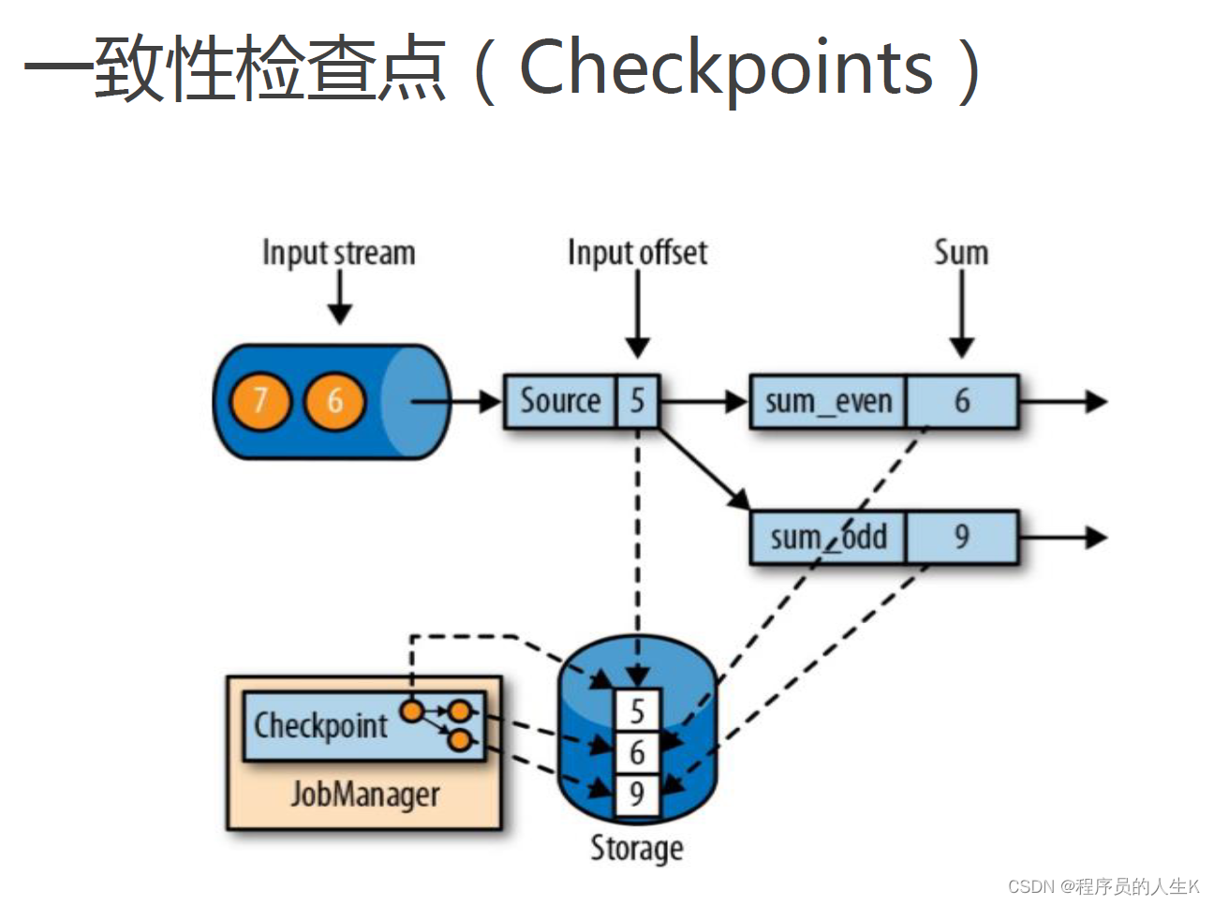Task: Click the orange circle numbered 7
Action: pyautogui.click(x=260, y=401)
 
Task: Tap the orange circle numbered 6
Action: pyautogui.click(x=334, y=401)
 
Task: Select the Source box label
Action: pyautogui.click(x=560, y=401)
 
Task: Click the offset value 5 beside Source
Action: pyautogui.click(x=637, y=401)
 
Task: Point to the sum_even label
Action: pyautogui.click(x=828, y=402)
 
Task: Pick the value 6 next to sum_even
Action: pyautogui.click(x=962, y=401)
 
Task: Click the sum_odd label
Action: pyautogui.click(x=828, y=538)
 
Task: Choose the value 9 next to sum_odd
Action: pyautogui.click(x=962, y=537)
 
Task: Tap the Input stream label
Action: pyautogui.click(x=338, y=253)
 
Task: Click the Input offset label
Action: pyautogui.click(x=637, y=253)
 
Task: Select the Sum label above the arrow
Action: pyautogui.click(x=961, y=252)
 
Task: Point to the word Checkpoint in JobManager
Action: pyautogui.click(x=320, y=726)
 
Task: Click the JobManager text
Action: pyautogui.click(x=364, y=794)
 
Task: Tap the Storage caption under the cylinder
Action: pyautogui.click(x=636, y=848)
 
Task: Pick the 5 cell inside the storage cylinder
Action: pyautogui.click(x=637, y=711)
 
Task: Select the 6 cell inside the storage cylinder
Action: pyautogui.click(x=637, y=752)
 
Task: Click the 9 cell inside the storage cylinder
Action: pyautogui.click(x=637, y=794)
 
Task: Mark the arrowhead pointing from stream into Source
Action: pyautogui.click(x=491, y=402)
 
